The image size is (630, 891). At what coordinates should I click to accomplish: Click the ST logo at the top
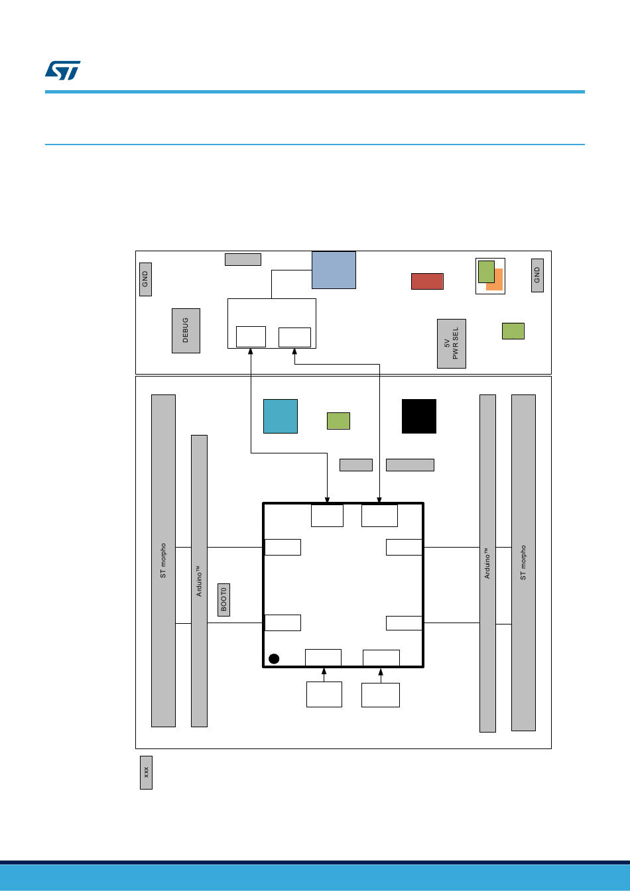coord(63,70)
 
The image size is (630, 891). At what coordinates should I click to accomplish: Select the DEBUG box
coord(186,330)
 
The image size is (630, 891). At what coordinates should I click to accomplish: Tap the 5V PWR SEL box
coord(451,343)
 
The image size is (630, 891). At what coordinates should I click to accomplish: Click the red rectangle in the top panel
coord(427,281)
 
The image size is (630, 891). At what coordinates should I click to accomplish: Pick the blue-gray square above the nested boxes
coord(334,270)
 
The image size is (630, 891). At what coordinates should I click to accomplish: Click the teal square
coord(281,416)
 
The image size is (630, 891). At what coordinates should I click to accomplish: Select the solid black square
coord(419,416)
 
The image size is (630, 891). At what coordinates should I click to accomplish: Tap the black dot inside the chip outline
coord(274,658)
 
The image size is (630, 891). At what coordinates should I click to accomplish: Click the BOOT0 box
coord(223,599)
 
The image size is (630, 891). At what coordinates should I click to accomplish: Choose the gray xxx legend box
coord(146,772)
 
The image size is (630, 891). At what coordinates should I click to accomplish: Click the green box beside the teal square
coord(338,421)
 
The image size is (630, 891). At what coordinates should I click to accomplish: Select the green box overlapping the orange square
coord(486,270)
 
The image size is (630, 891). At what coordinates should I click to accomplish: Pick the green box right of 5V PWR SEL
coord(513,331)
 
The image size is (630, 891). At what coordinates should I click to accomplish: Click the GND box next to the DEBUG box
coord(145,279)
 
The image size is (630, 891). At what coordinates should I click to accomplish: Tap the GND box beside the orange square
coord(537,274)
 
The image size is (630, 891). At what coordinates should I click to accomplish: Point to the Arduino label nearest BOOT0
coord(199,581)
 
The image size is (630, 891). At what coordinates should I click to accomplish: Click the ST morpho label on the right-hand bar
coord(523,563)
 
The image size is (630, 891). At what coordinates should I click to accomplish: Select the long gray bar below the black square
coord(410,465)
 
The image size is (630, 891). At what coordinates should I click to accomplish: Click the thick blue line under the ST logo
coord(315,91)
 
